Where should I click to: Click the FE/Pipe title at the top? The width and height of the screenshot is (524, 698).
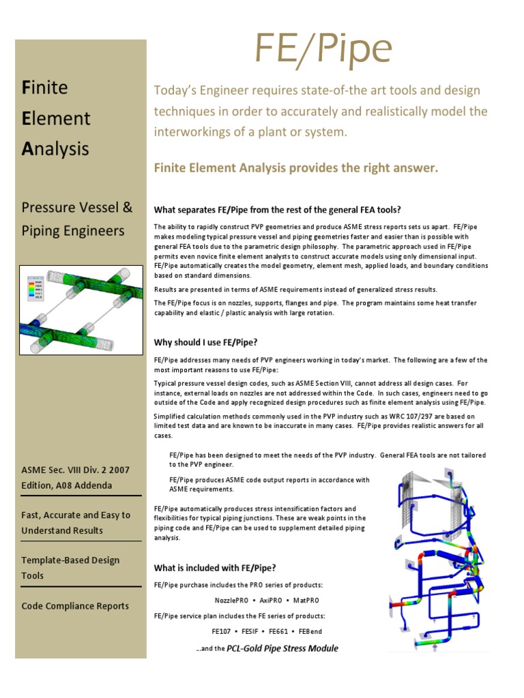[x=323, y=50]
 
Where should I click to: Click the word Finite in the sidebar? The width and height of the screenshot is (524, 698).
[x=46, y=87]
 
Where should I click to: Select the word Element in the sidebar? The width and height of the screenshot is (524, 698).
[x=56, y=118]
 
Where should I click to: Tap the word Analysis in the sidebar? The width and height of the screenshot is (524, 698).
[x=55, y=149]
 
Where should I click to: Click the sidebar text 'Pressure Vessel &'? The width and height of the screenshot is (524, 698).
[x=77, y=207]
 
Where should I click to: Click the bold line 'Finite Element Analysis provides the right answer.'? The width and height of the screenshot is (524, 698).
[x=296, y=168]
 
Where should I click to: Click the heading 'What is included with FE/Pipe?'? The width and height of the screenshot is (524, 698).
[x=215, y=567]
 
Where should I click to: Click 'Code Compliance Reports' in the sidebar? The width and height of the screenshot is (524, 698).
[x=75, y=606]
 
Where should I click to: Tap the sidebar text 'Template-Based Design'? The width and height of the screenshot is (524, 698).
[x=70, y=560]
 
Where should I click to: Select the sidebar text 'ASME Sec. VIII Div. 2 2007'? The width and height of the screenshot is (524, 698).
[x=75, y=470]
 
